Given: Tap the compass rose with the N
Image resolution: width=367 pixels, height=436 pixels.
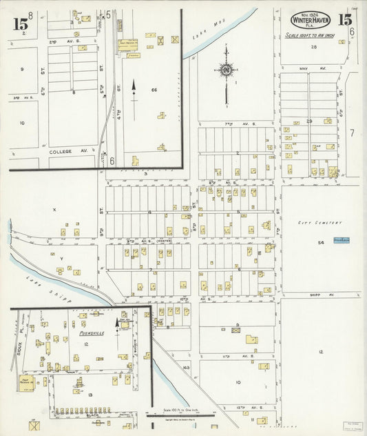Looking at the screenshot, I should (226, 69).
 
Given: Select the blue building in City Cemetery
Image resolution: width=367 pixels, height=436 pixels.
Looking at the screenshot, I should (341, 240).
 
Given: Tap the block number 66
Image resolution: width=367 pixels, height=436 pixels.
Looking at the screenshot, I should (154, 90).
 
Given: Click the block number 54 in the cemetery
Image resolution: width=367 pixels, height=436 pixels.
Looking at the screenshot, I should (321, 243).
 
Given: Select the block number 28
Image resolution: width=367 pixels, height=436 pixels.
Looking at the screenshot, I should (313, 47).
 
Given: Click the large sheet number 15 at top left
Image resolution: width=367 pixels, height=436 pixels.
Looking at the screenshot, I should (20, 23).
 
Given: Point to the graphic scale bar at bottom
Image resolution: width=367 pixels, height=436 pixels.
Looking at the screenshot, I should (180, 414).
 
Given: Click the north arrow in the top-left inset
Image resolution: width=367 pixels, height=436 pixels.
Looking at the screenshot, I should (134, 90).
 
